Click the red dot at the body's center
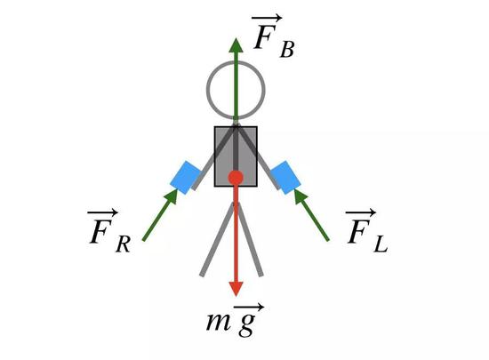(x=236, y=178)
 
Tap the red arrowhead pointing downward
(x=236, y=289)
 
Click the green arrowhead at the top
(x=236, y=45)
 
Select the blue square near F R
(x=186, y=178)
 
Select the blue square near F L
(x=285, y=178)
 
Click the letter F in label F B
(x=264, y=37)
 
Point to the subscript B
(x=287, y=50)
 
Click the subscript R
(x=124, y=244)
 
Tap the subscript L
(x=381, y=244)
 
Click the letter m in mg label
(x=219, y=322)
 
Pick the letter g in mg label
(x=247, y=324)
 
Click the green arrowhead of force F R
(x=171, y=196)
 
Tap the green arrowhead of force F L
(x=301, y=196)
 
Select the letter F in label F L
(x=358, y=231)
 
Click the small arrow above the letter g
(x=249, y=307)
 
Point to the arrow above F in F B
(x=267, y=18)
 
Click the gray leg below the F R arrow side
(x=217, y=239)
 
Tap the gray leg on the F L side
(x=250, y=239)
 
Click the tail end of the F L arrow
(x=328, y=240)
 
